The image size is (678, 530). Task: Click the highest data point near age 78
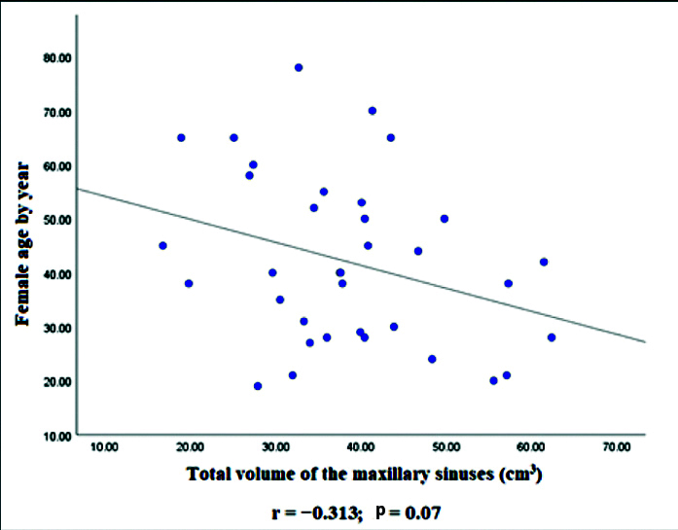[299, 67]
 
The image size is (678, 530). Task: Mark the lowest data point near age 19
[258, 386]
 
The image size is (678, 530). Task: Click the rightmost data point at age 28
[552, 337]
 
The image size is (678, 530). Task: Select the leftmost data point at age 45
[162, 245]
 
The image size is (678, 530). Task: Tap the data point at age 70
[372, 111]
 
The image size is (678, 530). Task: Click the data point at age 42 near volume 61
[544, 262]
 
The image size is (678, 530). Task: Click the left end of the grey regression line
[78, 189]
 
